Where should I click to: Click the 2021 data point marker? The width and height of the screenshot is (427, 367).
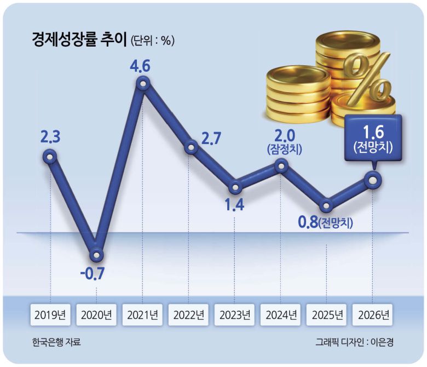pos(143,84)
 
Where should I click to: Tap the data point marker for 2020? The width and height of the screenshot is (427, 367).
pos(96,255)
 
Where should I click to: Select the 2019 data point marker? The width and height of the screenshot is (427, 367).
pos(50,158)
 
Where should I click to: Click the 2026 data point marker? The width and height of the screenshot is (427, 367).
pos(373,179)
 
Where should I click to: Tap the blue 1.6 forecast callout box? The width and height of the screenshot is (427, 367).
pos(372,137)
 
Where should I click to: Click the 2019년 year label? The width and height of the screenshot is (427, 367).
pos(50,316)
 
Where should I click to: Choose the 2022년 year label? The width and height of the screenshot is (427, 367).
pos(188,316)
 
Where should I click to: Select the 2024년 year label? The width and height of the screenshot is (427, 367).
pos(281,316)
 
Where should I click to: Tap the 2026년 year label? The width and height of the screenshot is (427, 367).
pos(373,316)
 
